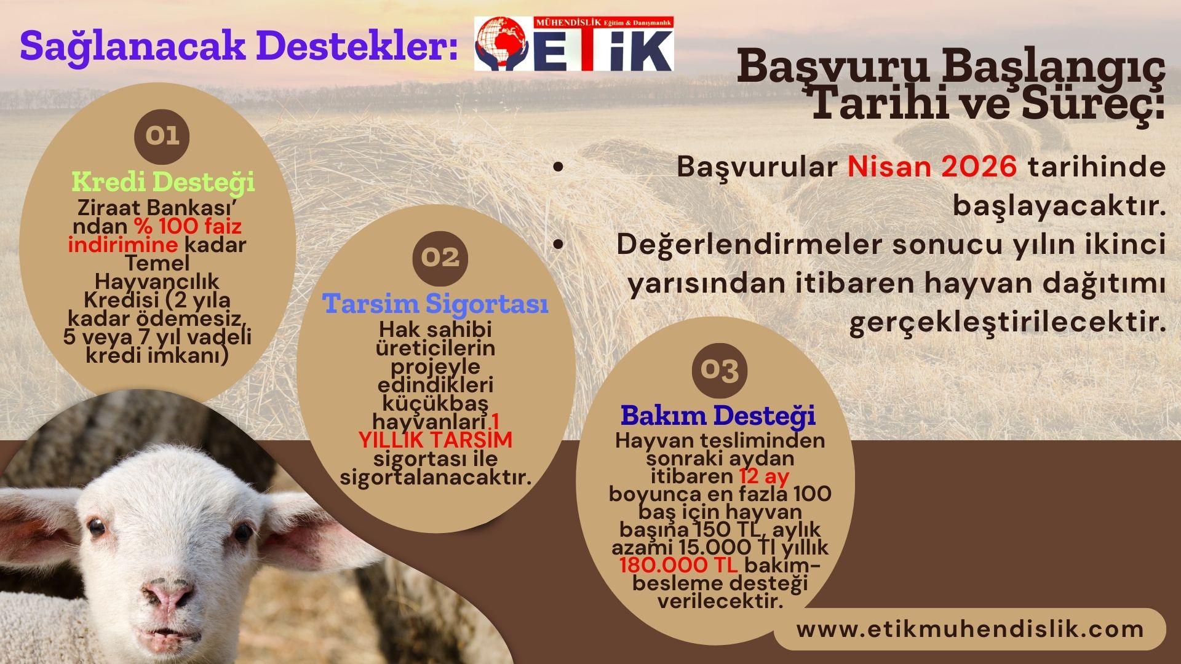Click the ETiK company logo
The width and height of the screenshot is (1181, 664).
point(574,44)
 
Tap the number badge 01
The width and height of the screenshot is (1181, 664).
point(162,136)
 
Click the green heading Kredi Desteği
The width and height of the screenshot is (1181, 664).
point(163,181)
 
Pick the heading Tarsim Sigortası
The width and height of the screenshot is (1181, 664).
point(435,304)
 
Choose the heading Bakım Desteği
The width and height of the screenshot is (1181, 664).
point(718,416)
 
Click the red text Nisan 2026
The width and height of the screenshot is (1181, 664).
point(932,167)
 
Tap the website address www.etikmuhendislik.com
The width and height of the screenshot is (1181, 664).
point(970,629)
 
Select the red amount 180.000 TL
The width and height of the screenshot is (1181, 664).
point(678,565)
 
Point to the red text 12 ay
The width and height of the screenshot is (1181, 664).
point(764,476)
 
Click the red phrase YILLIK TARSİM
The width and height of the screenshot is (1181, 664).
point(435,440)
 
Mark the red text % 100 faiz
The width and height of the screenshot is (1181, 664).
point(188,226)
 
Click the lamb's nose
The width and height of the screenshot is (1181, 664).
point(167,595)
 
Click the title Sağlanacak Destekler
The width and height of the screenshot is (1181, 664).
point(239,45)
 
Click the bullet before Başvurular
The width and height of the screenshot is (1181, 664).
point(558,167)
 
